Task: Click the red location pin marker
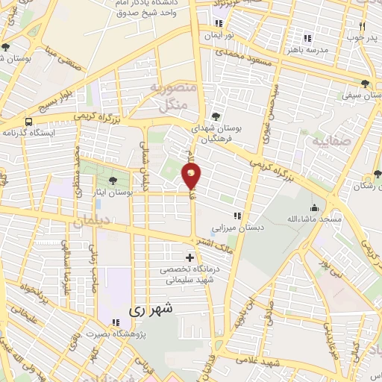tap(191, 176)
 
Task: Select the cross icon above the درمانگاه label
tap(190, 257)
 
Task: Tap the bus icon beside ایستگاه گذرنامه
tap(28, 122)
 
